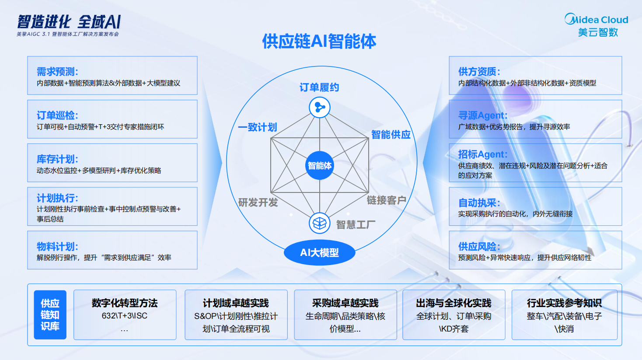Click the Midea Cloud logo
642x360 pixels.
597,25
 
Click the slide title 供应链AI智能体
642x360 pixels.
319,42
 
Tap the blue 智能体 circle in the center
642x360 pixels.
319,166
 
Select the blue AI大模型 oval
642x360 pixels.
319,253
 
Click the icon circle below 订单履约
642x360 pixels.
320,107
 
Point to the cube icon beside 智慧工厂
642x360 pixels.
320,224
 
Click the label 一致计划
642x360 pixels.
257,127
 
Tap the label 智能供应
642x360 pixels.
391,135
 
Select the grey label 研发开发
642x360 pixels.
258,203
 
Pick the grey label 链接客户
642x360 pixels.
386,200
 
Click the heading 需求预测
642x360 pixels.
57,72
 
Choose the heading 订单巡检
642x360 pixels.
57,115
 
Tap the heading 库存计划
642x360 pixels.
57,159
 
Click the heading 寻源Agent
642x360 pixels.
482,115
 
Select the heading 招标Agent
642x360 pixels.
482,154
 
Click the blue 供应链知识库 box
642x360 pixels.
50,315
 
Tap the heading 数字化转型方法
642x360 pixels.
125,303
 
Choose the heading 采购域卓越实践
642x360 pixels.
345,303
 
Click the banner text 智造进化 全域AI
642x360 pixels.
69,22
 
